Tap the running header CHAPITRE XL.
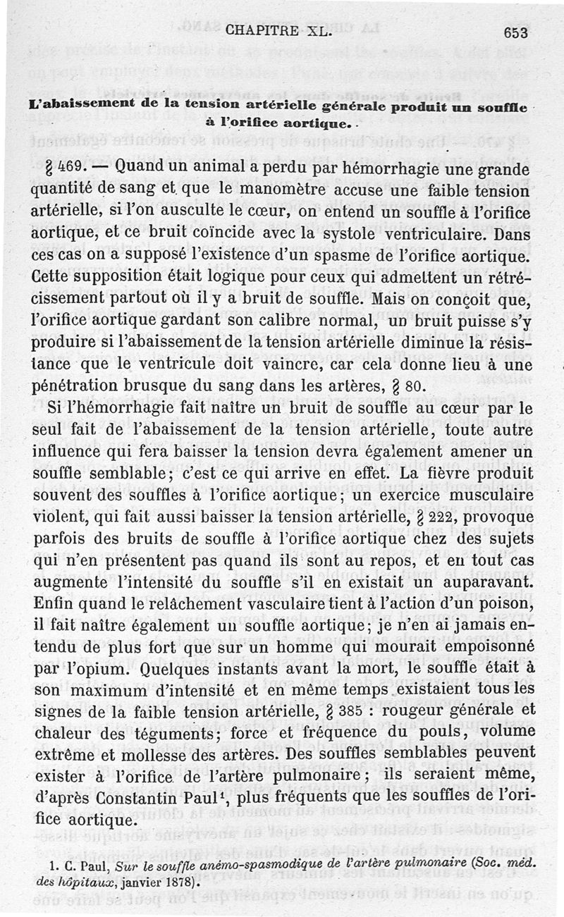pyautogui.click(x=283, y=31)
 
